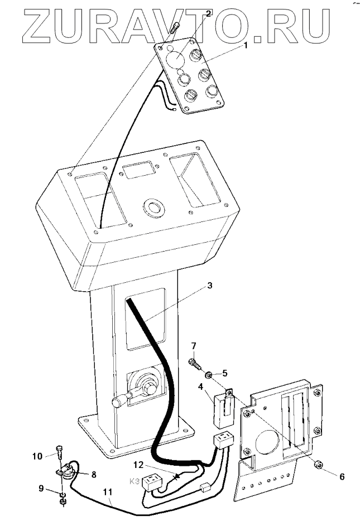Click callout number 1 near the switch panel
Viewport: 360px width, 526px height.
tap(244, 47)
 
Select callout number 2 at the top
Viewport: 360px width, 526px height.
tap(208, 14)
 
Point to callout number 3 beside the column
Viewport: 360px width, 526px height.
tap(209, 286)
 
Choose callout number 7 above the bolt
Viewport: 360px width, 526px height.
tap(194, 346)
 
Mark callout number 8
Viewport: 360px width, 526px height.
tap(93, 475)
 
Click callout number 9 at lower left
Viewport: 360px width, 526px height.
tap(41, 489)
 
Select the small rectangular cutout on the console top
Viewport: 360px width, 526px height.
tap(139, 170)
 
